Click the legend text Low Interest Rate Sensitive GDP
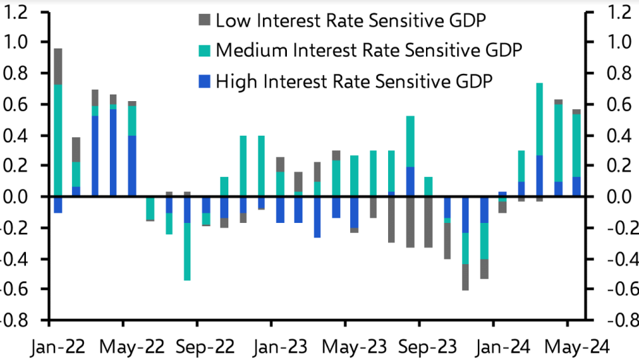[351, 21]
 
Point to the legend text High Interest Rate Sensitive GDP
[354, 81]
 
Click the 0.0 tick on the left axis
[17, 197]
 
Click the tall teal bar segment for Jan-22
[59, 140]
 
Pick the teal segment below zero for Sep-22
[188, 252]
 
